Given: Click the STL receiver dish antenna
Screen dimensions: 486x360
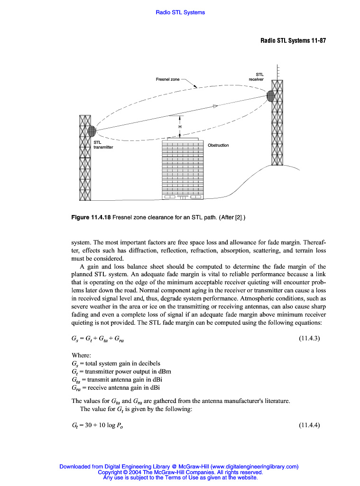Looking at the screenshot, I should click(x=270, y=96).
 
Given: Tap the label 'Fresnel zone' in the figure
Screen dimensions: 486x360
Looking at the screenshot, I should click(x=168, y=79).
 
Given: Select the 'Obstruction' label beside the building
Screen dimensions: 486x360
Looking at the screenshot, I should click(x=218, y=145).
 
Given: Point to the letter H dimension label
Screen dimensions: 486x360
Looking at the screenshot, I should click(x=180, y=127).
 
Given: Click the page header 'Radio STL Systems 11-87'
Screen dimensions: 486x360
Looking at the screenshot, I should click(x=293, y=40).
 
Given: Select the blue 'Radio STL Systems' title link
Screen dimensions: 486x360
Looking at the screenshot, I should click(x=180, y=12).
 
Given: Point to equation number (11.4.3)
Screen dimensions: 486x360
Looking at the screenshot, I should click(x=310, y=338).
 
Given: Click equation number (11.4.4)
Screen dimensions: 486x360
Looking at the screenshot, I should click(x=310, y=425).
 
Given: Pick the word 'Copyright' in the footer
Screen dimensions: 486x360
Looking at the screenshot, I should click(x=109, y=472).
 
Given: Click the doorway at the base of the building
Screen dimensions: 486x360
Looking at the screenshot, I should click(x=183, y=196).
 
